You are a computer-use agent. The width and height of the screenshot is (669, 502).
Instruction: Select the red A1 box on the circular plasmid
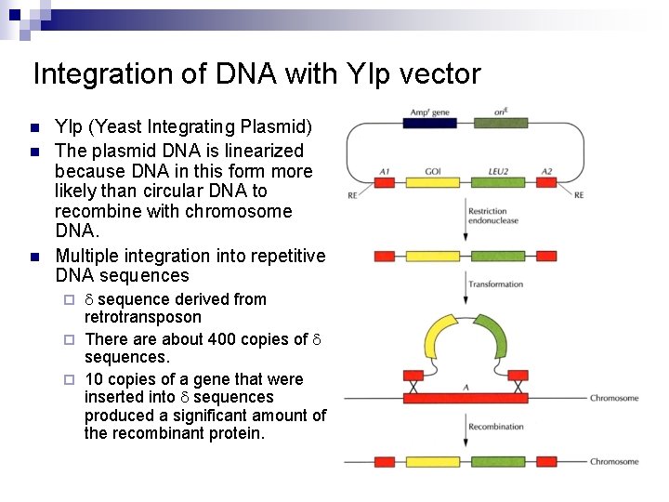(385, 183)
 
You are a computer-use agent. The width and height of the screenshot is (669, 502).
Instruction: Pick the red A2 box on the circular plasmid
(546, 183)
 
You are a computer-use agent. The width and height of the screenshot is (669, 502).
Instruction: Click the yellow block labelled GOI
(433, 183)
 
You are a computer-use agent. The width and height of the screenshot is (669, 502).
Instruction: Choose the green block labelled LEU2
(499, 183)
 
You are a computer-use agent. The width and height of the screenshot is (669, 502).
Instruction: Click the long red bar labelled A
(465, 398)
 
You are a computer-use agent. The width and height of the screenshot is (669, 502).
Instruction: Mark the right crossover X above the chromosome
(517, 383)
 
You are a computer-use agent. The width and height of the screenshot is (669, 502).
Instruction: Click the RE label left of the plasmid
(351, 195)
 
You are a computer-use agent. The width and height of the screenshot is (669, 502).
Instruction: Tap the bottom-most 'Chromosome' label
(614, 461)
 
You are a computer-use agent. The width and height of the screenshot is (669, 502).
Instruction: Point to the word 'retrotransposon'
(142, 317)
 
